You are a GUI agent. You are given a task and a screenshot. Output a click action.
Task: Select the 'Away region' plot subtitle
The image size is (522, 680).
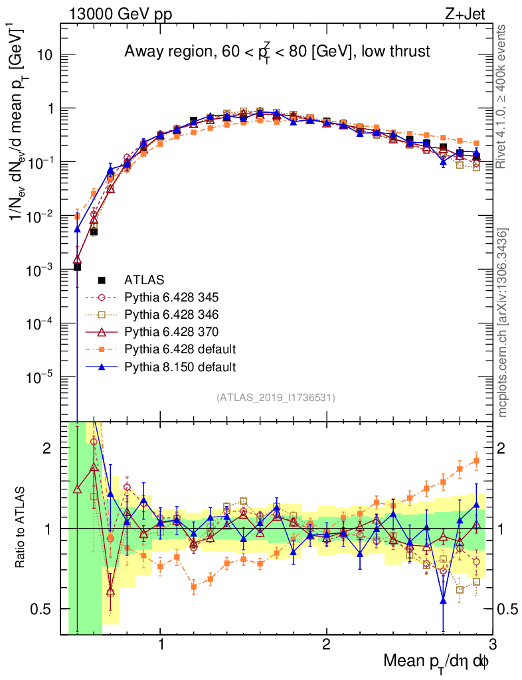click(x=277, y=52)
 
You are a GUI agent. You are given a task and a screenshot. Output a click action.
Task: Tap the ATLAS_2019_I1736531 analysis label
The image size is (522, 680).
click(x=276, y=398)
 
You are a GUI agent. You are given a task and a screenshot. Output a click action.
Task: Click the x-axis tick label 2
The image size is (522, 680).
click(x=326, y=645)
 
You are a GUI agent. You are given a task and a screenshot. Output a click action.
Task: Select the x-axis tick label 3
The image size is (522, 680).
click(x=491, y=645)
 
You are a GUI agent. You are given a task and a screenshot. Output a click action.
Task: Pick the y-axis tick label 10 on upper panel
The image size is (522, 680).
click(x=45, y=55)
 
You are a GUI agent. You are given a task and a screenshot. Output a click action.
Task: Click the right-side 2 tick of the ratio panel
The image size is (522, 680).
click(x=502, y=448)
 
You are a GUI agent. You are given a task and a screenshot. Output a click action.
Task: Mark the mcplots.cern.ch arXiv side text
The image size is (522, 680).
click(x=503, y=323)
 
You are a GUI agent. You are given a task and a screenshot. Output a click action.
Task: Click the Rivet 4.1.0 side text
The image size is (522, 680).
click(x=503, y=96)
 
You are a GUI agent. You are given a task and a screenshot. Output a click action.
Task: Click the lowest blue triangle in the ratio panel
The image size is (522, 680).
click(x=443, y=600)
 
